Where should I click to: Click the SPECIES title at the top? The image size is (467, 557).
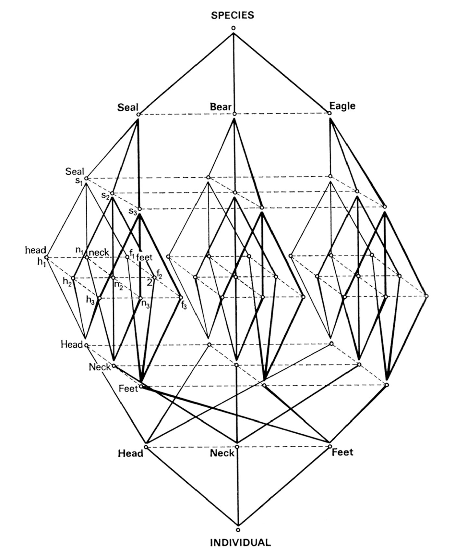click(x=233, y=15)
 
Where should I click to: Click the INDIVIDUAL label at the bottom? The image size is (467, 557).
click(x=240, y=543)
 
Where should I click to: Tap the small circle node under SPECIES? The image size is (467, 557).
click(x=233, y=28)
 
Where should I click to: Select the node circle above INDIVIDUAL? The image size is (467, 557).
click(x=238, y=530)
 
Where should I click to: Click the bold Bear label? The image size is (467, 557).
click(x=221, y=106)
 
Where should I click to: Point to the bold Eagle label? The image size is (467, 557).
click(x=342, y=106)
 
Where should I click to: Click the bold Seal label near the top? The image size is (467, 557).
click(x=128, y=107)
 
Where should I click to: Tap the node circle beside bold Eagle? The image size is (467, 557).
click(x=329, y=113)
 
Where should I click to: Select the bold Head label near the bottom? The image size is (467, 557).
click(x=130, y=453)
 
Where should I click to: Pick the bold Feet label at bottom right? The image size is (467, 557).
click(x=342, y=452)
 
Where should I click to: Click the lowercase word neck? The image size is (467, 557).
click(x=99, y=253)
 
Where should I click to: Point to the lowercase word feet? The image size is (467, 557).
click(x=144, y=258)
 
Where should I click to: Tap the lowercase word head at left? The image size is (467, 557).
click(x=36, y=250)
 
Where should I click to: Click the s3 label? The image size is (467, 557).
click(x=132, y=211)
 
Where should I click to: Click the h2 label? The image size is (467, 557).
click(x=67, y=282)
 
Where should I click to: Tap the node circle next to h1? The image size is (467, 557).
click(x=46, y=257)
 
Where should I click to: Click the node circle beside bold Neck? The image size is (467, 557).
click(x=237, y=447)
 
